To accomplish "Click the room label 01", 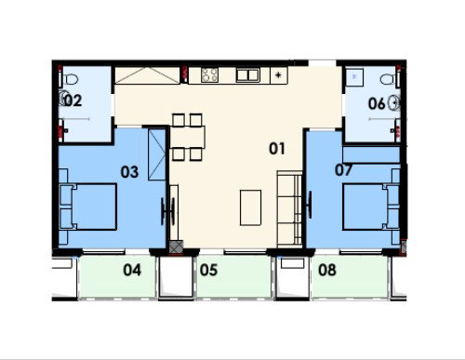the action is pos(277,149).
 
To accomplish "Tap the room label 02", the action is pos(73,100).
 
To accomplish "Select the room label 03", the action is pos(129,172).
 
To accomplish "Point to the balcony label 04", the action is pos(132,270).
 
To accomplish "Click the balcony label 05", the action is pos(208,270).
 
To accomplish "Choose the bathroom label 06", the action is pos(377,103).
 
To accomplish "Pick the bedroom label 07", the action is pos(343,170).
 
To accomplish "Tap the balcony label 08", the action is pos(327,270).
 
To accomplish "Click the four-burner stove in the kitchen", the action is pos(209,75).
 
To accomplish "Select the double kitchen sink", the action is pos(247,75).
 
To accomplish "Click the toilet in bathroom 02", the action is pos(71,79).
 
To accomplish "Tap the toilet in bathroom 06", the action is pos(388,79).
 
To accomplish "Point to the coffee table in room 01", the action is pos(250,207).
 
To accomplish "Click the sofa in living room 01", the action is pos(289,208).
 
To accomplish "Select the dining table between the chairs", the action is pos(188,137).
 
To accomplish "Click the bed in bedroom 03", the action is pos(87,207).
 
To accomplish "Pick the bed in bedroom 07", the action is pos(371,207).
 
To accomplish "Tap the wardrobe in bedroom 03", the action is pos(157,154).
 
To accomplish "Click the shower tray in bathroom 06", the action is pos(354,77).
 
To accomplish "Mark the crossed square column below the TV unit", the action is pos(176,247).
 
